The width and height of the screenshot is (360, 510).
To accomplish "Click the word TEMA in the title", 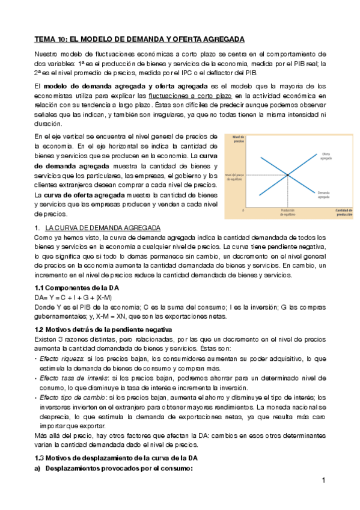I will coord(44,39).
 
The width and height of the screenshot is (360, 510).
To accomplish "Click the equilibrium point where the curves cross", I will coord(287,175).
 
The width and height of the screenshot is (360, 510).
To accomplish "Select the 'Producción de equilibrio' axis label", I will coord(287,211).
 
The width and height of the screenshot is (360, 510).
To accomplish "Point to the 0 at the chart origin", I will coord(243,210).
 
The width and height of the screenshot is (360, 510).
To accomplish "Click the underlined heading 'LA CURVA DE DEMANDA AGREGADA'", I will coord(103,229).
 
